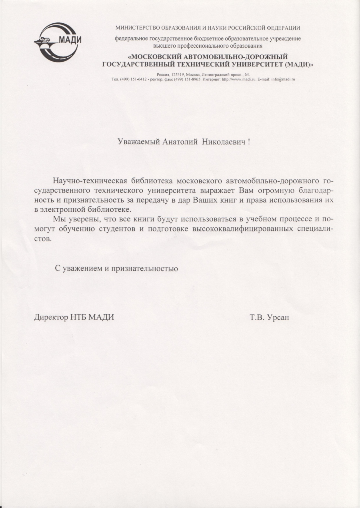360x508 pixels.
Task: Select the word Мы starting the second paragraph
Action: tap(58, 219)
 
